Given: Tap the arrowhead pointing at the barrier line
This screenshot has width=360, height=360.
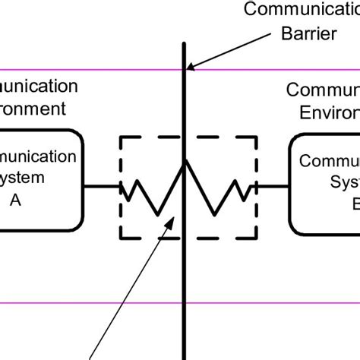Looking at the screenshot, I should pos(191,66).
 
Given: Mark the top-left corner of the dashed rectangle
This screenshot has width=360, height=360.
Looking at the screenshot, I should pos(120,137).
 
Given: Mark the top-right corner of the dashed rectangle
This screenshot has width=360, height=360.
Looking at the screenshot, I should pos(257,137).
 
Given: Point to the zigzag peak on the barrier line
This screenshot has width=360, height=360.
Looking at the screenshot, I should pos(185,160).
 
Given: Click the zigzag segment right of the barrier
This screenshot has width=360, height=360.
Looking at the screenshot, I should pos(220,194).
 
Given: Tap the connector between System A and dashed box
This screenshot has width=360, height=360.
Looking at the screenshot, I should pos(100,186).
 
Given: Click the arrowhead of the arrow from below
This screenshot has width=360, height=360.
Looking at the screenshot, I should pos(175,220).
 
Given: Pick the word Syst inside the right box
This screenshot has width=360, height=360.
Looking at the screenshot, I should pos(344,183).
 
